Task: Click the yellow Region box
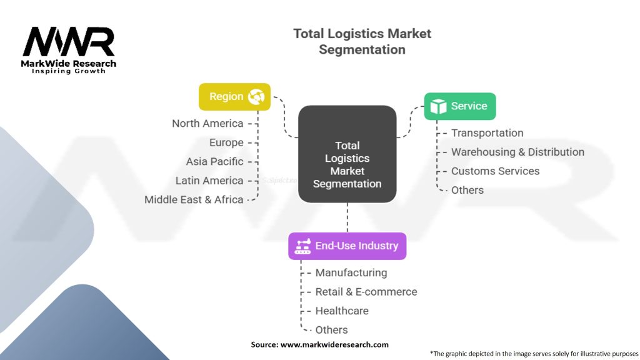click(x=234, y=97)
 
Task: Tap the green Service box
click(x=459, y=106)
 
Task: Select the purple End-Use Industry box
click(x=347, y=246)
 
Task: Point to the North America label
click(x=207, y=123)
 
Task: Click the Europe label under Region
click(x=226, y=142)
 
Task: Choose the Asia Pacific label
click(x=214, y=161)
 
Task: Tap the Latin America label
click(x=209, y=181)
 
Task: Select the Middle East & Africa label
click(x=194, y=199)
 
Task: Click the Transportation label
click(x=487, y=132)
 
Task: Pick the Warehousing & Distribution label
click(x=517, y=152)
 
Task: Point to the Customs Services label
click(x=495, y=171)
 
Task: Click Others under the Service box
click(x=467, y=190)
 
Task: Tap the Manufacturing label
click(x=351, y=272)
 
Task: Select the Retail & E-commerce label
click(x=366, y=291)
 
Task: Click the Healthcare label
click(x=341, y=311)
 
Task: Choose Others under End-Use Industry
click(x=331, y=329)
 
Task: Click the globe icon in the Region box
click(x=256, y=97)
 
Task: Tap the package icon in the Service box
click(x=439, y=106)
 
